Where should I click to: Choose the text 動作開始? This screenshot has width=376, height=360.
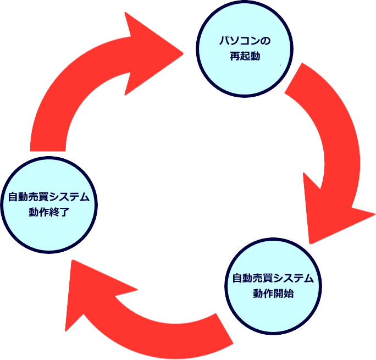[273, 293]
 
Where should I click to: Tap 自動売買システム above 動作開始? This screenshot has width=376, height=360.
[273, 278]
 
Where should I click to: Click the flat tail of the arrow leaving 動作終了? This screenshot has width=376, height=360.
[48, 146]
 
